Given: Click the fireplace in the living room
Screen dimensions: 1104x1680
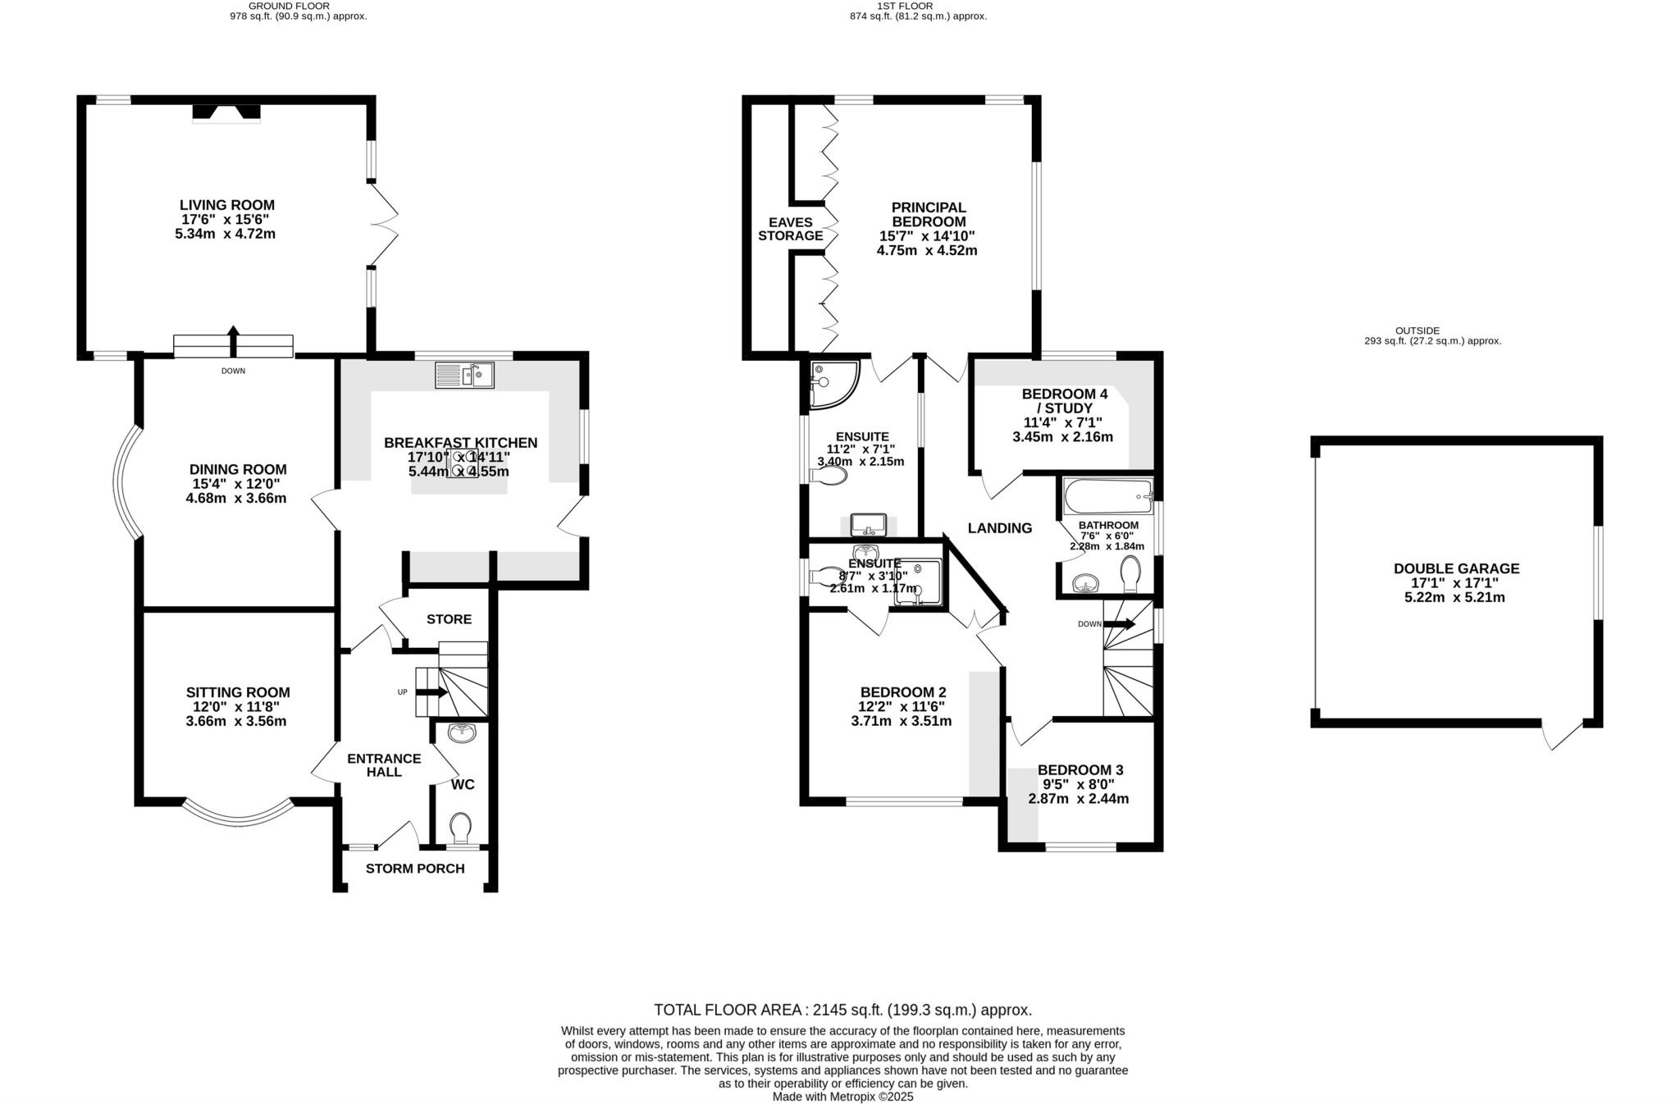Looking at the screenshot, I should tap(226, 113).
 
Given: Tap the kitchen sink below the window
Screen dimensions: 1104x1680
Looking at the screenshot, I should tap(464, 375).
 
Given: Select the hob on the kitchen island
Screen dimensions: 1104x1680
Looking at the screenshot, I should tap(463, 463).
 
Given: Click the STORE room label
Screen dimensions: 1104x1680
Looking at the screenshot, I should tap(449, 619).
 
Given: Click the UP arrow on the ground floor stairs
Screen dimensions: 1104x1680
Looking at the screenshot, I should tap(432, 692).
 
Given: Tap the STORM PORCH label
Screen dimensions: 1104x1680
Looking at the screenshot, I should tap(415, 869).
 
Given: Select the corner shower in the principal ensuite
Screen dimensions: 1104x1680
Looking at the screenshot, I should tap(830, 383).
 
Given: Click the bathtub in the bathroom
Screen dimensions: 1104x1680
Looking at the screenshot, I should tap(1108, 496).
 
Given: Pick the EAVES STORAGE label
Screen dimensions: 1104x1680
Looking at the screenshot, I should tap(790, 229).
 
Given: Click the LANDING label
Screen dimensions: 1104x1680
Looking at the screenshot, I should tap(999, 528).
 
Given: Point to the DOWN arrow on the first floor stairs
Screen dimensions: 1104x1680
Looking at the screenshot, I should tap(1120, 624).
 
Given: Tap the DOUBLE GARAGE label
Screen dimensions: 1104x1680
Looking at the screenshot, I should tap(1456, 568).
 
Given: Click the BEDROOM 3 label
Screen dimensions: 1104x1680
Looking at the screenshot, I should tap(1080, 770).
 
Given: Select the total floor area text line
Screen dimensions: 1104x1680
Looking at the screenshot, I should tap(842, 1010).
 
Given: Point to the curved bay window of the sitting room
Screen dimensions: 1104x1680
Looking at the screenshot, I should tap(236, 812).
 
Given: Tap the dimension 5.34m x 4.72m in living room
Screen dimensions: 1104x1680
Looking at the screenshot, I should tap(225, 234).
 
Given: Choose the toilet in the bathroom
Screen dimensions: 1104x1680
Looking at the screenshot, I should tap(1130, 573).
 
